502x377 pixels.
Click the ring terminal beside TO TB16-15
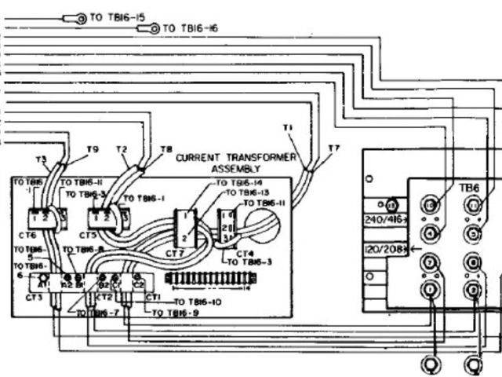coord(80,16)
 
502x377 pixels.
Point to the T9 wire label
coord(92,149)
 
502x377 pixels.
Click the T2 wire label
coord(122,149)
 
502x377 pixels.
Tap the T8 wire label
coord(166,149)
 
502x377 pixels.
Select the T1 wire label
coord(287,128)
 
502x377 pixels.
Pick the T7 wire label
coord(334,148)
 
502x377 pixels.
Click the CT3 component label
coord(34,297)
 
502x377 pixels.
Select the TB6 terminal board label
coord(468,188)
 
